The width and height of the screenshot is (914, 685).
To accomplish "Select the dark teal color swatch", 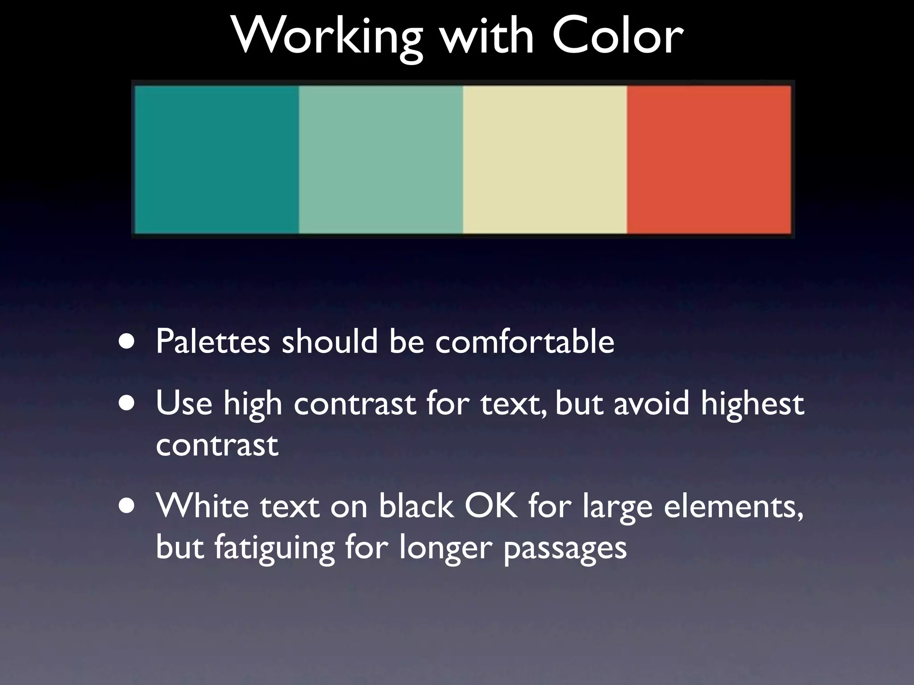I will point(217,159).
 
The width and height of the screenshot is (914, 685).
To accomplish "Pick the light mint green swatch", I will point(381,159).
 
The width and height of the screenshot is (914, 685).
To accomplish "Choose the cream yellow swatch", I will point(545,159).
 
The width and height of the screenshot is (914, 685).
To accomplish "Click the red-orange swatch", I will point(709,159).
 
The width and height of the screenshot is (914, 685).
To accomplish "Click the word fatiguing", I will point(274,549).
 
